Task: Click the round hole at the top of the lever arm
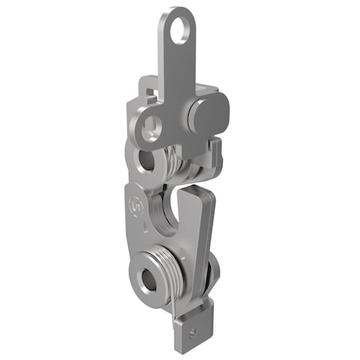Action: (x=186, y=29)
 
